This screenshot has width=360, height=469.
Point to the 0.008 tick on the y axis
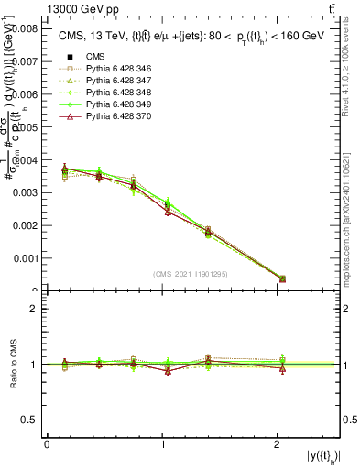pyautogui.click(x=24, y=28)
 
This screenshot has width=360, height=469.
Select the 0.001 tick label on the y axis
pyautogui.click(x=24, y=258)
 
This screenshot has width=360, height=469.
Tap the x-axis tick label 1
pyautogui.click(x=163, y=444)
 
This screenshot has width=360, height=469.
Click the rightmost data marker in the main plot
pyautogui.click(x=282, y=278)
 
